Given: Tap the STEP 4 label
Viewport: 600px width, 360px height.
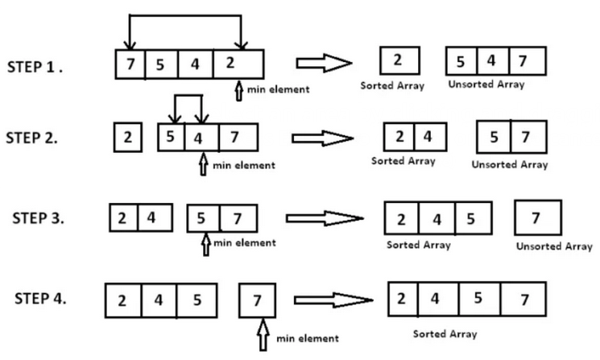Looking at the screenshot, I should coord(40,299).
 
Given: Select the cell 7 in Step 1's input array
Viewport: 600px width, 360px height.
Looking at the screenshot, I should coord(130,64).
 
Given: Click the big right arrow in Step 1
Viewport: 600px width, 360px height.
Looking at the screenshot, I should coord(325,63).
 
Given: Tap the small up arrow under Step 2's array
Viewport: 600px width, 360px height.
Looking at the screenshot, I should coord(202,164).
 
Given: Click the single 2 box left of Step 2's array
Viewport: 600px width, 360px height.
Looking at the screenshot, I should coord(127,138).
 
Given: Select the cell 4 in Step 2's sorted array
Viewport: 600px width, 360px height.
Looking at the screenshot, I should coord(430,137).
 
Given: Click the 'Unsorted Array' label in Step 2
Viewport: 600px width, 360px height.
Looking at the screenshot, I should coord(510,164).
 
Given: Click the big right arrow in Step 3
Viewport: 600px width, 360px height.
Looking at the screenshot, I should coord(324,217).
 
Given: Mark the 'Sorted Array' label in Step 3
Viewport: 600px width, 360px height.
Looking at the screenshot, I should coord(418,244).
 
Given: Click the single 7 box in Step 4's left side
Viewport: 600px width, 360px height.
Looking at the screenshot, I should coord(257,300).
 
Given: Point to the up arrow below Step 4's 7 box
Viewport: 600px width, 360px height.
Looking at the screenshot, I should coord(262,333).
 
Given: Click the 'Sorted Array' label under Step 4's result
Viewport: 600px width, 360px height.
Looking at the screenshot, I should coord(445,333).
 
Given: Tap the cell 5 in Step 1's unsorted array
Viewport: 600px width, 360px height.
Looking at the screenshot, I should coord(461,60).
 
